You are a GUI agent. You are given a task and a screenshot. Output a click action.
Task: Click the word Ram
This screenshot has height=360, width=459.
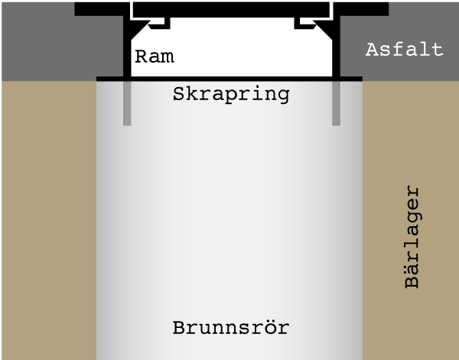[x=155, y=57]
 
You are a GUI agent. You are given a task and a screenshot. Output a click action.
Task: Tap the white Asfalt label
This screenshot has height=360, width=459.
[x=404, y=50]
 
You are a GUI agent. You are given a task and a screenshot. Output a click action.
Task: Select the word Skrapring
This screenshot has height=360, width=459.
[x=231, y=95]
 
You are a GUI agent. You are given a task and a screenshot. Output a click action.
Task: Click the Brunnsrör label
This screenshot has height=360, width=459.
[x=231, y=328]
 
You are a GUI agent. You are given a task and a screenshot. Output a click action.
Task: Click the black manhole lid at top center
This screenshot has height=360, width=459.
[x=231, y=10]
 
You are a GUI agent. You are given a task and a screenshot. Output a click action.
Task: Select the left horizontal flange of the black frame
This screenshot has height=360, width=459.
[x=99, y=9]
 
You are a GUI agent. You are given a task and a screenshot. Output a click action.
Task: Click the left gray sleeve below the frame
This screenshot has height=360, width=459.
[x=127, y=103]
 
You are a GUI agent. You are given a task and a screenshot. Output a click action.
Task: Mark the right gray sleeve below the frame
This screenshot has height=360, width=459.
[x=336, y=103]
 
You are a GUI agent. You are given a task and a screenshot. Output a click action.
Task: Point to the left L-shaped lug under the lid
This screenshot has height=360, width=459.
[x=161, y=24]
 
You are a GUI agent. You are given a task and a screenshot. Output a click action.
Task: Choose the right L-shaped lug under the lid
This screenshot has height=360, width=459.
[x=304, y=24]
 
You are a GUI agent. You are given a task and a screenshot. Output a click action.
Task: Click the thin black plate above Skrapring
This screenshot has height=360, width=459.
[x=229, y=79]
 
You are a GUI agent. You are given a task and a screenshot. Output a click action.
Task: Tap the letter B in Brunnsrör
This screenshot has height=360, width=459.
[x=179, y=328]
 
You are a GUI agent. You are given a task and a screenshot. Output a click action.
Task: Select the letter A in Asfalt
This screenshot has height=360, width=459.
[x=372, y=50]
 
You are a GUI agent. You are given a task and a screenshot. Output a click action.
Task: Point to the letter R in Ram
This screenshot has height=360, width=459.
[x=141, y=57]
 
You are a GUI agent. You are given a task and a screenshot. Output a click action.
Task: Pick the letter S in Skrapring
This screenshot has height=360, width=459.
[x=178, y=94]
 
